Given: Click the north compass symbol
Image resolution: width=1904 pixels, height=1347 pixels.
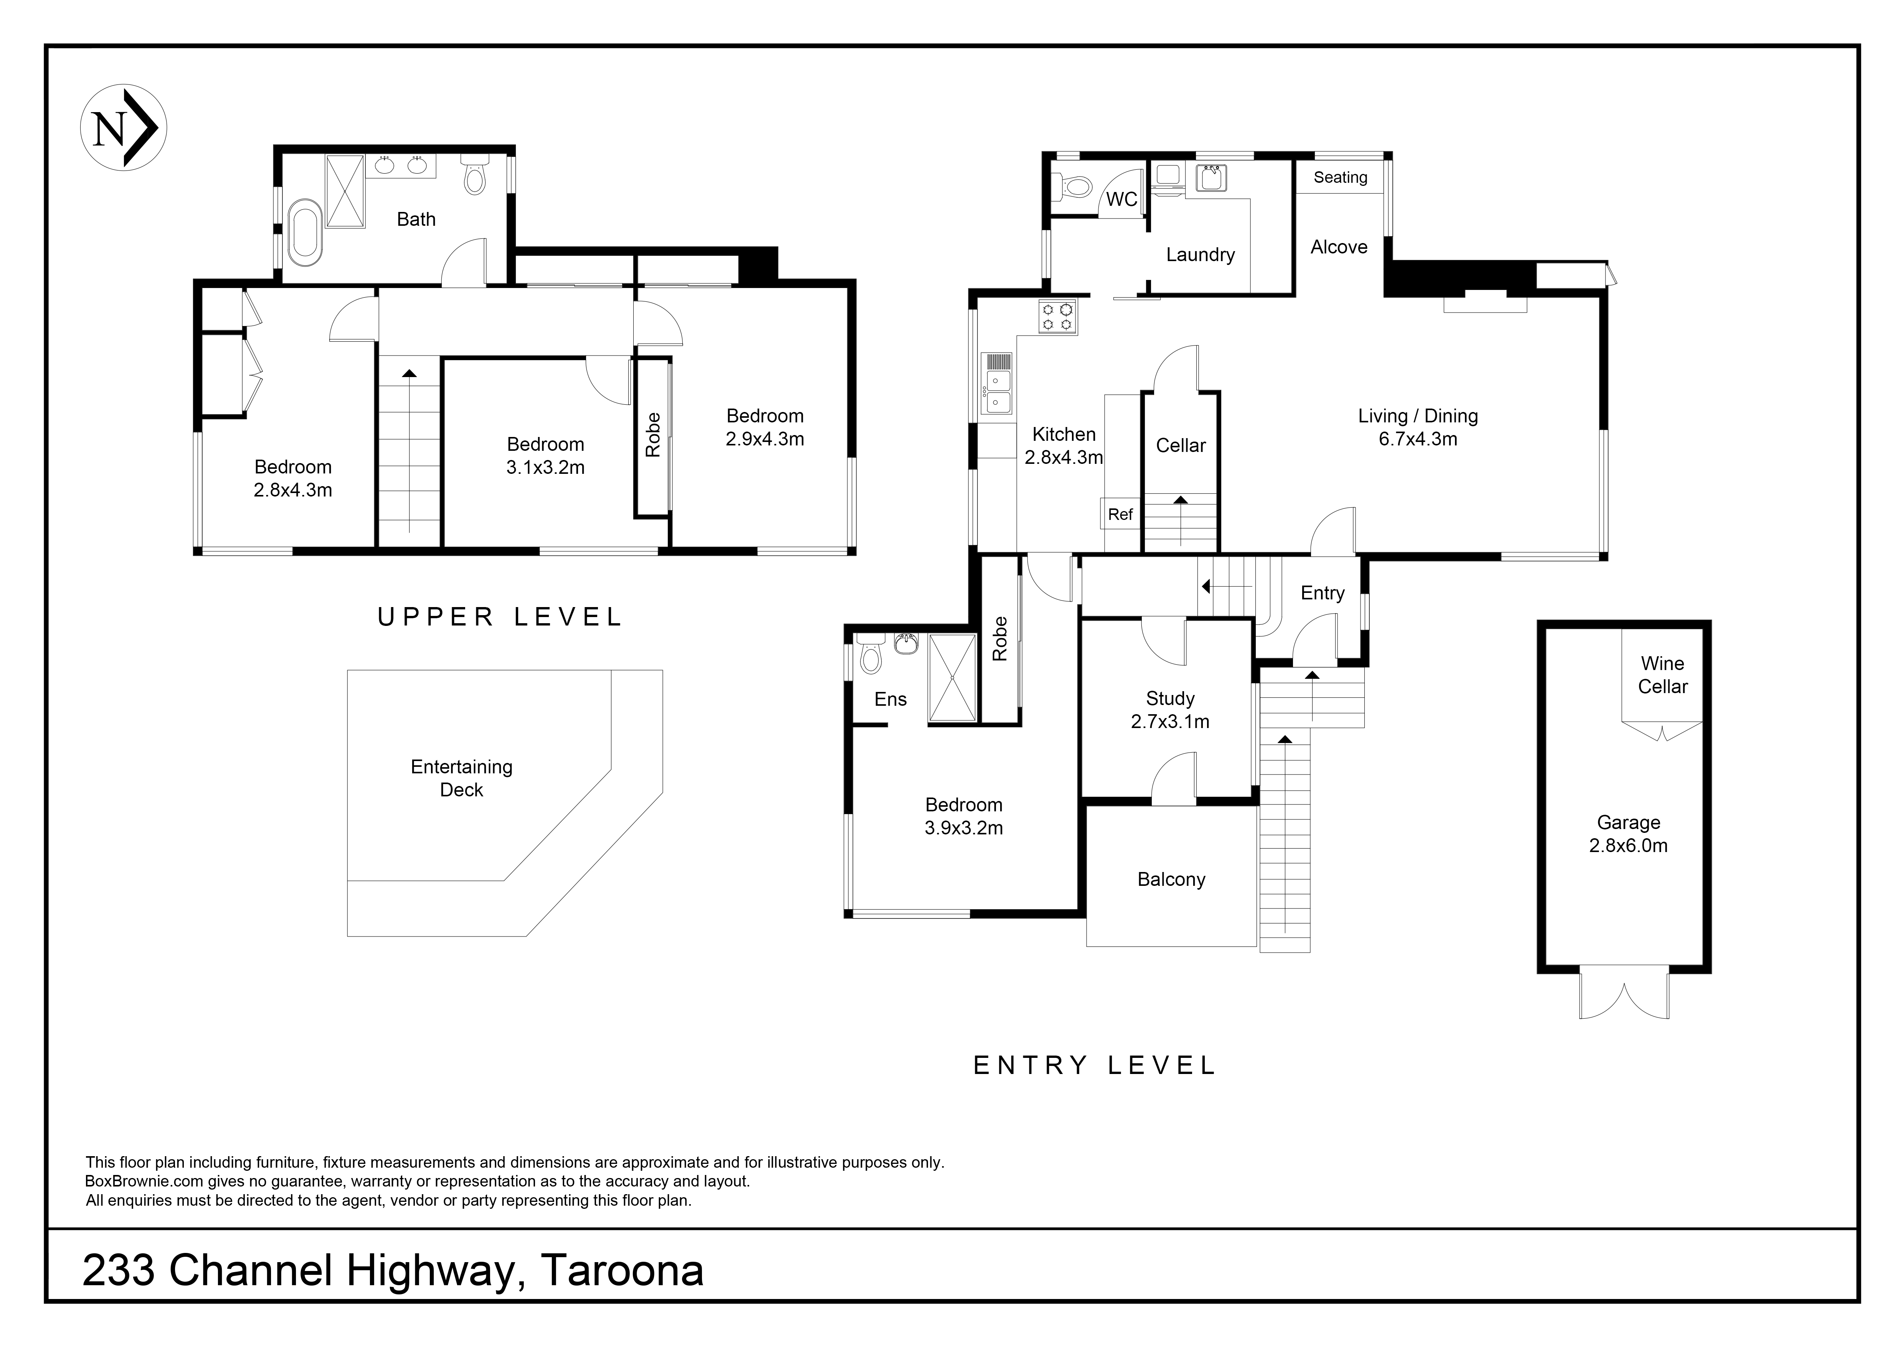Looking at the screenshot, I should pyautogui.click(x=124, y=128).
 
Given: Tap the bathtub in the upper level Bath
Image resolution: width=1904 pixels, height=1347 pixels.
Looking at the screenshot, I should pyautogui.click(x=304, y=232).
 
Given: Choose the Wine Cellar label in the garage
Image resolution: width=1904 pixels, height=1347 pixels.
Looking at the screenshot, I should pyautogui.click(x=1662, y=675).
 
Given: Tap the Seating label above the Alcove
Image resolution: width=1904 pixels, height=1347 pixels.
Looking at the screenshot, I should pyautogui.click(x=1340, y=177).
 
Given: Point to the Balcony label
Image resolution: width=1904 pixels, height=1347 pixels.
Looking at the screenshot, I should pyautogui.click(x=1171, y=879).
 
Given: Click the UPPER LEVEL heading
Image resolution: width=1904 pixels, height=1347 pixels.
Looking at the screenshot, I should pyautogui.click(x=499, y=617).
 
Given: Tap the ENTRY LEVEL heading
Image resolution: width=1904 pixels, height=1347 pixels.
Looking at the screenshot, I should pyautogui.click(x=1094, y=1065).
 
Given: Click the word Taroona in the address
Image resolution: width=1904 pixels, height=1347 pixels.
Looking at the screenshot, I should pyautogui.click(x=622, y=1271).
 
